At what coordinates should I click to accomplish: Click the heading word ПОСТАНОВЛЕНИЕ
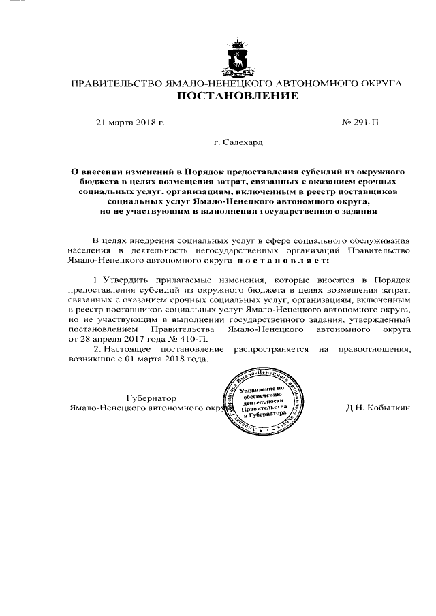click(x=237, y=96)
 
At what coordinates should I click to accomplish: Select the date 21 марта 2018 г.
click(x=130, y=123)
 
